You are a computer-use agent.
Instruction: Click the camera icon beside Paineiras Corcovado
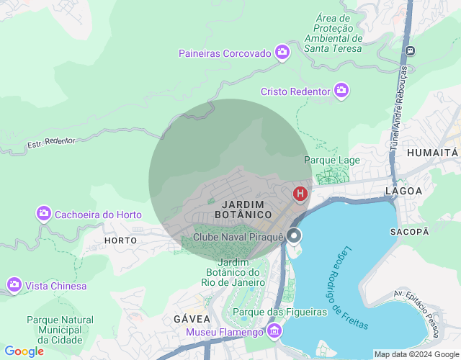point(282,53)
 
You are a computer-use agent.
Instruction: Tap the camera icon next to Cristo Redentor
point(341,91)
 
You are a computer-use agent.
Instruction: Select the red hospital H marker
point(300,193)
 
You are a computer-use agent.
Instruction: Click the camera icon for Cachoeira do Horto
point(45,214)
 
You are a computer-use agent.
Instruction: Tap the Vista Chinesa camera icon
point(14,285)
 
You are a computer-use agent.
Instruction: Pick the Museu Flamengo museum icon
point(274,331)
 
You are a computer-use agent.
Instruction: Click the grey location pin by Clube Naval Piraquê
point(294,236)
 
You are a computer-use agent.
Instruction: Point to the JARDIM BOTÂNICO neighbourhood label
point(243,210)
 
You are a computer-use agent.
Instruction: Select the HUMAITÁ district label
point(432,153)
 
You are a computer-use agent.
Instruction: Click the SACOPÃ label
point(409,231)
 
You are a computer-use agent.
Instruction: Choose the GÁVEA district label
point(192,318)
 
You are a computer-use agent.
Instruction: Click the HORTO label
point(120,240)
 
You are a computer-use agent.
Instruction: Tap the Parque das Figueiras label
point(280,312)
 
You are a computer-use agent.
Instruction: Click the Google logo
point(24,351)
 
